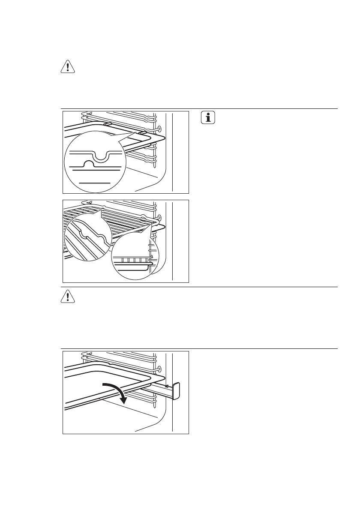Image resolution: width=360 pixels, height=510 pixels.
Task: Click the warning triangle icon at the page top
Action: coord(67,67)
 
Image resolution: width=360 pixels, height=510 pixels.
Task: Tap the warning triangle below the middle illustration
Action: coord(67,297)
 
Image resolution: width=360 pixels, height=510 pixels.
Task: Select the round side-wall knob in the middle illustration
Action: coord(160,217)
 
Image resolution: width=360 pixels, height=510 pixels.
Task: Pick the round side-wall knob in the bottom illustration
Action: coord(160,369)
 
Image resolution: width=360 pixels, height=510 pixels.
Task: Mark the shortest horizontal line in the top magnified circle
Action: coord(95,183)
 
